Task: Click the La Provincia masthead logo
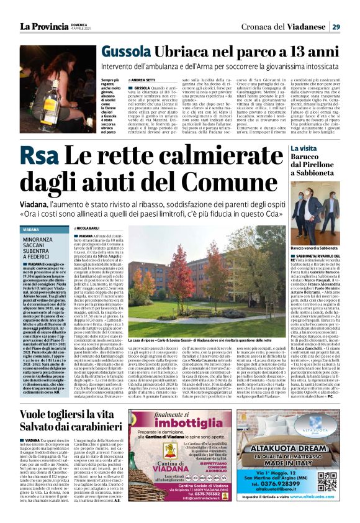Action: point(42,26)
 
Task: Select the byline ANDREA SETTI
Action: point(143,80)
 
